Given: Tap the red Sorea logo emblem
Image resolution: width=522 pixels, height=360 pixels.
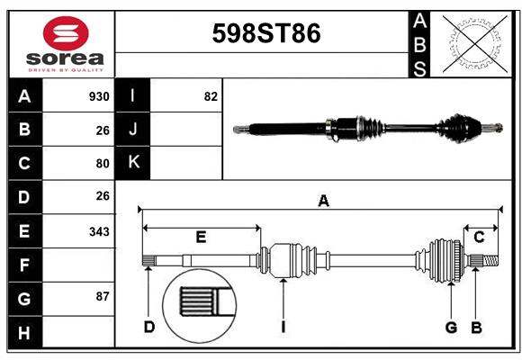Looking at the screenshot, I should (66, 35).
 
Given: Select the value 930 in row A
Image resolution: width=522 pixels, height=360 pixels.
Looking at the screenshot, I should (99, 96).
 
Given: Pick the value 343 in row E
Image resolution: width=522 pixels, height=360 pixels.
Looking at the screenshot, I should (99, 231).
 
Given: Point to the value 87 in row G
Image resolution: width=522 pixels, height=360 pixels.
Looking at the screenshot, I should (102, 296).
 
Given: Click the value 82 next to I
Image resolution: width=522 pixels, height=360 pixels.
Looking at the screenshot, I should (211, 96).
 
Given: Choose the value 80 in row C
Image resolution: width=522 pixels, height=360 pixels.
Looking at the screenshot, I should (102, 164).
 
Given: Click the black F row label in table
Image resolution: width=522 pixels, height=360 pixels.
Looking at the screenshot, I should (24, 265).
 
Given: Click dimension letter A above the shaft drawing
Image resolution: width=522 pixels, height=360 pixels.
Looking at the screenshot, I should (323, 202).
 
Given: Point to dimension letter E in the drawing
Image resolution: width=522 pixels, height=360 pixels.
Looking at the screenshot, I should (201, 238).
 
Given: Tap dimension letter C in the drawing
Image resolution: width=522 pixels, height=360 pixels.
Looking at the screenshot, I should (479, 237).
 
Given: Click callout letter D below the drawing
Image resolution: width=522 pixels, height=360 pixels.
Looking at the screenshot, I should (149, 327).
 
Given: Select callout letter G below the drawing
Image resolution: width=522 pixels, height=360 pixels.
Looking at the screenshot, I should (451, 327).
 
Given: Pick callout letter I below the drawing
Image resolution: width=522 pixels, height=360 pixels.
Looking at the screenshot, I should (283, 327).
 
